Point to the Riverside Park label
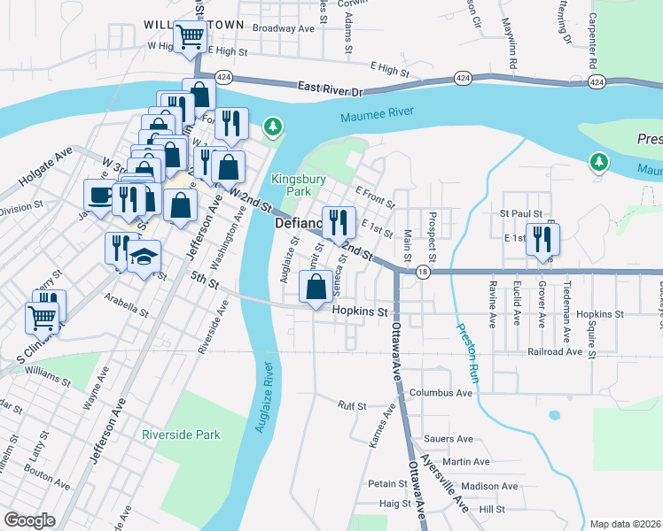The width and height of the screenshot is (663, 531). [181, 435]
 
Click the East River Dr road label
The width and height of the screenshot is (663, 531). [331, 88]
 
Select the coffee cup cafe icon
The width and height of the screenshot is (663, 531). [98, 195]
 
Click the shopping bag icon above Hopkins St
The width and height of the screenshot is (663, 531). [316, 286]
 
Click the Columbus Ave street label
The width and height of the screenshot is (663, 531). [441, 392]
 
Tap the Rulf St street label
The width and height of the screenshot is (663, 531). [352, 405]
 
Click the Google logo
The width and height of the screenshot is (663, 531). [29, 520]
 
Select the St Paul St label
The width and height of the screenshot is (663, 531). [520, 213]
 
